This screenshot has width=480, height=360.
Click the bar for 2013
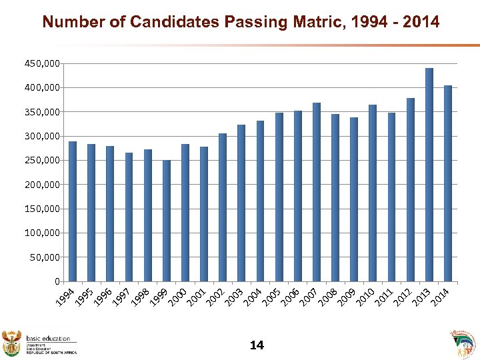(429, 175)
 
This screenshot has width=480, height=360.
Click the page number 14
(257, 345)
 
